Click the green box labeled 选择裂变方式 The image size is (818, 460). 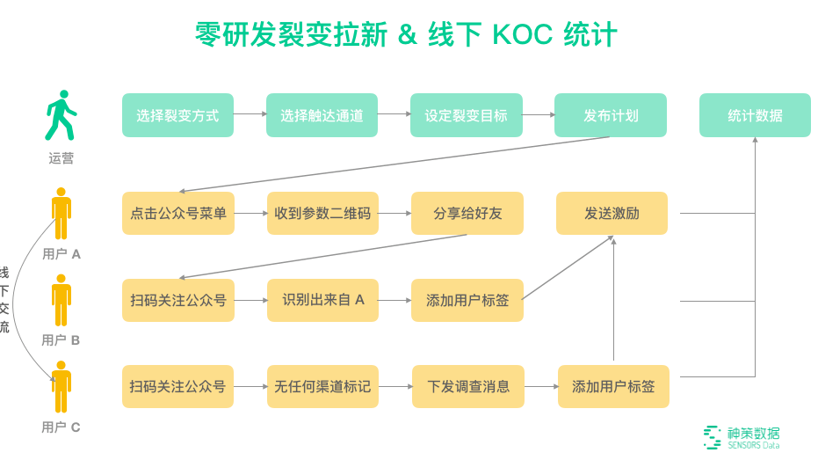tap(177, 115)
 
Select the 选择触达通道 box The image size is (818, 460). tap(322, 115)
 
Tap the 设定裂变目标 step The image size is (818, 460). tap(466, 115)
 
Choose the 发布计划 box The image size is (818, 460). tap(611, 115)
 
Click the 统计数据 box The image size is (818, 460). tap(755, 115)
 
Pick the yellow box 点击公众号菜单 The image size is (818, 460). tap(177, 213)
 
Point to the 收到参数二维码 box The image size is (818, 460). tap(322, 213)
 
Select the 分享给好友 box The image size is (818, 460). tap(467, 213)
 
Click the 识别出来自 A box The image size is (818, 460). tap(322, 300)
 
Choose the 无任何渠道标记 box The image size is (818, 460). tap(322, 386)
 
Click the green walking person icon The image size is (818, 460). tap(61, 115)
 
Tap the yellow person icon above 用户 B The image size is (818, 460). tap(61, 299)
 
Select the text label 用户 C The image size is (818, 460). tap(61, 427)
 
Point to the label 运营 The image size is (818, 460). tap(61, 159)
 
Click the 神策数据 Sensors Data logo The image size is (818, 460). tap(742, 437)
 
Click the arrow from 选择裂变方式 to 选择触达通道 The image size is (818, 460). tap(250, 114)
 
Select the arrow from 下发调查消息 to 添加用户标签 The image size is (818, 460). tap(539, 386)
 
